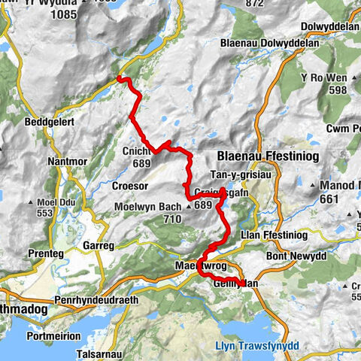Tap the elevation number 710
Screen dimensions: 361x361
click(x=173, y=220)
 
